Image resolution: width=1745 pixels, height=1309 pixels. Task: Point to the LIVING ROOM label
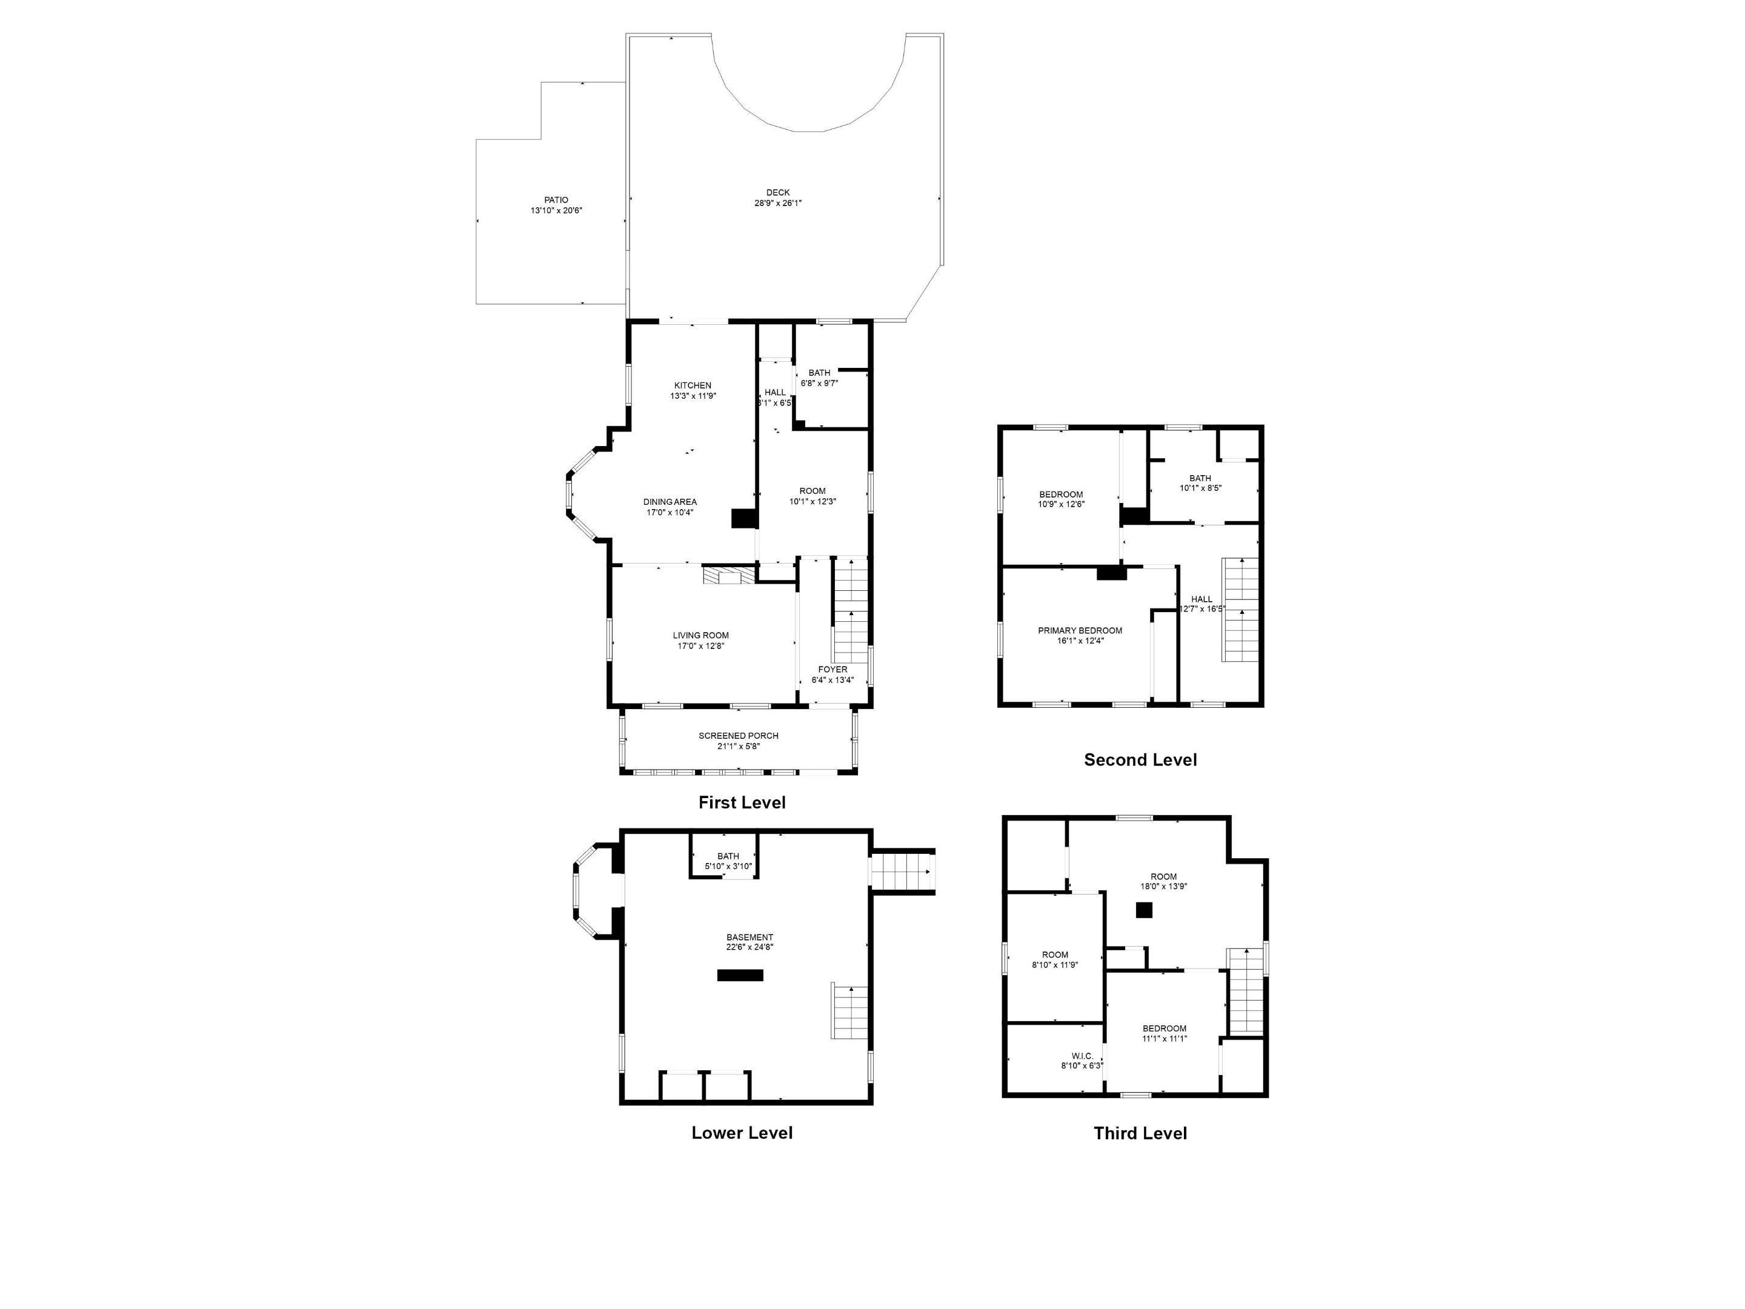[x=700, y=635]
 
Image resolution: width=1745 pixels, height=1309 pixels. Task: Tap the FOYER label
[x=833, y=670]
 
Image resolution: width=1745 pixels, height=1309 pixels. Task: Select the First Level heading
[x=742, y=802]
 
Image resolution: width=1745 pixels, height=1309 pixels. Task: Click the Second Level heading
[x=1139, y=760]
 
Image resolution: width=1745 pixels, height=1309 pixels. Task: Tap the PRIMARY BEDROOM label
[x=1079, y=630]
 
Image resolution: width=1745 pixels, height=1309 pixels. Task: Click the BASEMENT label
[x=750, y=938]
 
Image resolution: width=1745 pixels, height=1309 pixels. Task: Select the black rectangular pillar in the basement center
[x=740, y=975]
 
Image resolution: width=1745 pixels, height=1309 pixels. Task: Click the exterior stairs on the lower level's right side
[x=902, y=872]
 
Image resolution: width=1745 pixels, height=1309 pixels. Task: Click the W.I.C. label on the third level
[x=1082, y=1056]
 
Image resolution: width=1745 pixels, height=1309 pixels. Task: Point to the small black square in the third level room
[x=1143, y=910]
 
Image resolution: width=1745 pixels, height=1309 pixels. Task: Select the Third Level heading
[x=1139, y=1133]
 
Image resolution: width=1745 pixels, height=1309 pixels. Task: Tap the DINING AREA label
[x=670, y=502]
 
